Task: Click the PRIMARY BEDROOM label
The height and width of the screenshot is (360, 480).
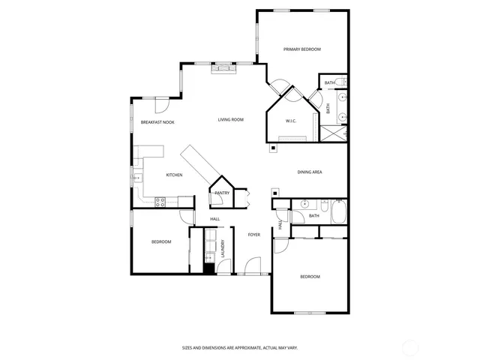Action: tap(302, 49)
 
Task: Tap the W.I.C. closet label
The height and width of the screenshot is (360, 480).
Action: tap(291, 121)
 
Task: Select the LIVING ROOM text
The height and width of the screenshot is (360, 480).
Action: tap(231, 120)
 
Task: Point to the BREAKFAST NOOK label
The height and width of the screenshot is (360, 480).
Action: tap(157, 121)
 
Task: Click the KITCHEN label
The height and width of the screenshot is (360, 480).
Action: tap(174, 175)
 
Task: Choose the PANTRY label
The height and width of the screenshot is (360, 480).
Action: tap(222, 193)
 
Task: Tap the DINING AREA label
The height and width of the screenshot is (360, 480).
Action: tap(310, 172)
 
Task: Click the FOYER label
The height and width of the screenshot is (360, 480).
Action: tap(254, 235)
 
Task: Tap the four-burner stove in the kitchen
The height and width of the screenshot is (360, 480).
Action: tap(160, 201)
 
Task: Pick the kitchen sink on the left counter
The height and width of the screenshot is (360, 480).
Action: tap(137, 178)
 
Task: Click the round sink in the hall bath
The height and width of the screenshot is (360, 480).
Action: tap(305, 204)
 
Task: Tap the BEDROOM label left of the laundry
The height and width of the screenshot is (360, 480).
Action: tap(161, 241)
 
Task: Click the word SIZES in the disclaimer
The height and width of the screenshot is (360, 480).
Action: tap(187, 347)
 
